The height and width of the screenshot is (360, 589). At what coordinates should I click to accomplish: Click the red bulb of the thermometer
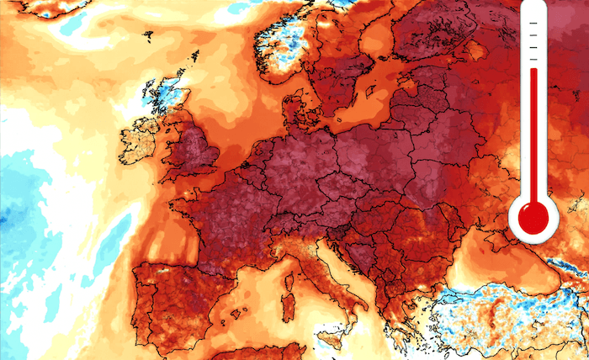[533, 217]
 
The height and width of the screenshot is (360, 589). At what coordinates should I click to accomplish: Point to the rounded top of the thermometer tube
[533, 7]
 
